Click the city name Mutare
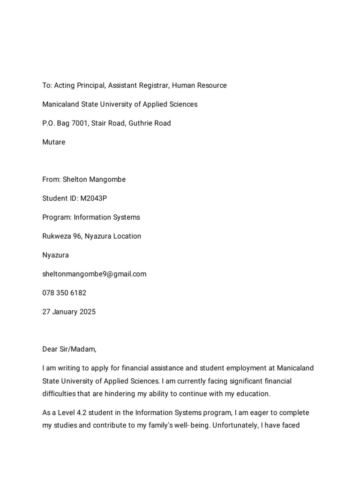[x=54, y=142]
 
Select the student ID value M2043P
[x=94, y=198]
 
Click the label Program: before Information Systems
[x=57, y=217]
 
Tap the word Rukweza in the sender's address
[x=56, y=236]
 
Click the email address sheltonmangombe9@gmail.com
[x=94, y=274]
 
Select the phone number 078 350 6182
[x=64, y=293]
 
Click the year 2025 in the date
[x=88, y=312]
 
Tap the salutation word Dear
[x=50, y=350]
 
